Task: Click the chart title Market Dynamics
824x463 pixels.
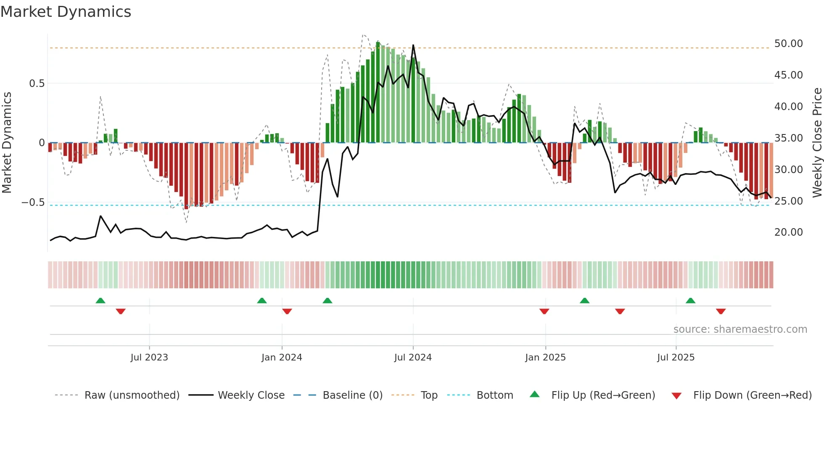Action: pyautogui.click(x=66, y=12)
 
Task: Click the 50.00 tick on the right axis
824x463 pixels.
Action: pyautogui.click(x=788, y=44)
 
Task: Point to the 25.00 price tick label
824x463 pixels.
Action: pyautogui.click(x=788, y=201)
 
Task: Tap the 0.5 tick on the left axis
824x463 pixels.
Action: pyautogui.click(x=37, y=84)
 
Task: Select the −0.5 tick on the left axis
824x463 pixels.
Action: pyautogui.click(x=33, y=203)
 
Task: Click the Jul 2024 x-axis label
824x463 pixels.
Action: pyautogui.click(x=412, y=358)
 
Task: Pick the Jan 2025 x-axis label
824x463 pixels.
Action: pyautogui.click(x=545, y=358)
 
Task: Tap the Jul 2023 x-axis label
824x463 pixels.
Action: pyautogui.click(x=149, y=358)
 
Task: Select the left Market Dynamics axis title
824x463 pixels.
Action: pyautogui.click(x=7, y=143)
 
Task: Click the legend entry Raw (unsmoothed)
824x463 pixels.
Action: pyautogui.click(x=132, y=395)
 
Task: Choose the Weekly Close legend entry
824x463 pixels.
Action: pyautogui.click(x=251, y=395)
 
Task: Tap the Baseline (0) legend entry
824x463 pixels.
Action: pyautogui.click(x=352, y=395)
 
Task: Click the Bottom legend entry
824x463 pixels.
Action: pyautogui.click(x=494, y=395)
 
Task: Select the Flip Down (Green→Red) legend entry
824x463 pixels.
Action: pyautogui.click(x=752, y=395)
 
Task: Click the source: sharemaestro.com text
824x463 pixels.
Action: pyautogui.click(x=740, y=329)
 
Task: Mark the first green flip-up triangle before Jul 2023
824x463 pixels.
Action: pyautogui.click(x=100, y=300)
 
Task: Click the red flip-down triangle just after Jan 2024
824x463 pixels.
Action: pyautogui.click(x=287, y=311)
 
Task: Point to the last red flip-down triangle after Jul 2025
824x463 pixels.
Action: pyautogui.click(x=721, y=311)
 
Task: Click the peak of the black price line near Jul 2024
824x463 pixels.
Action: pyautogui.click(x=413, y=45)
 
